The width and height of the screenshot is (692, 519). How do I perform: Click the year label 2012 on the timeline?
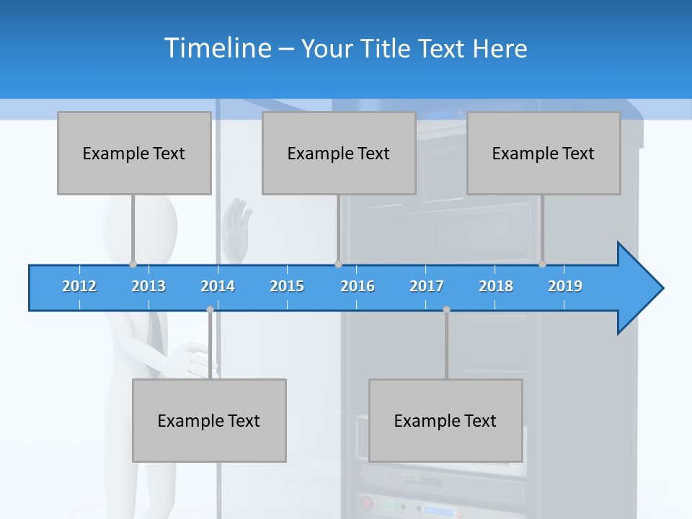(x=79, y=286)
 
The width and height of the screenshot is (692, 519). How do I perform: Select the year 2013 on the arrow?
(x=148, y=286)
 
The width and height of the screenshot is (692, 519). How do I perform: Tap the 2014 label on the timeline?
(x=218, y=286)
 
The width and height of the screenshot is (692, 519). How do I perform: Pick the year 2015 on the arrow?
(x=287, y=286)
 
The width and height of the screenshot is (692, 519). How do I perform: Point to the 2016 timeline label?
(x=358, y=286)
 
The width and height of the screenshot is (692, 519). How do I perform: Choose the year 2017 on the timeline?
(x=427, y=286)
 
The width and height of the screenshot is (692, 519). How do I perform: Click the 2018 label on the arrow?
(x=496, y=286)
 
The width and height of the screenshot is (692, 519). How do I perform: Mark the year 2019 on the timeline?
(x=565, y=286)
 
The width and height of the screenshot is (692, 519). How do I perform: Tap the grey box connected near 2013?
(x=134, y=153)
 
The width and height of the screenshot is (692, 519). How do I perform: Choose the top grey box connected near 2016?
(x=339, y=153)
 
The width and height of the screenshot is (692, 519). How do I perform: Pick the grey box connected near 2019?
(x=544, y=153)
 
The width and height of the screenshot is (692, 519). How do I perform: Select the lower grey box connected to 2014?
(x=209, y=420)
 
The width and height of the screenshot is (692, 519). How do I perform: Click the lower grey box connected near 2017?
(x=445, y=420)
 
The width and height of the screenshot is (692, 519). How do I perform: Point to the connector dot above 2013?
(x=133, y=265)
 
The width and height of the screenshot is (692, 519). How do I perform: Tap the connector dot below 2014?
(x=210, y=309)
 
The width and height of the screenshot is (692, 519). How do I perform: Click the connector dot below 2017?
(x=446, y=309)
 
